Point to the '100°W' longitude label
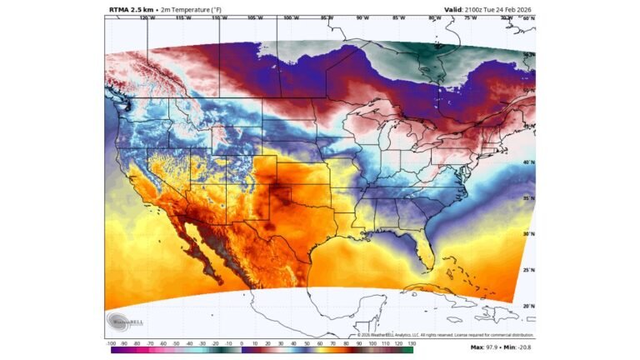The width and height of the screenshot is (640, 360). click(x=290, y=17)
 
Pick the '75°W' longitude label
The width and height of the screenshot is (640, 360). click(x=471, y=17)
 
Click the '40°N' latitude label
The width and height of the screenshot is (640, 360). click(x=527, y=162)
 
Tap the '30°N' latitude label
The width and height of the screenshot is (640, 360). click(x=527, y=234)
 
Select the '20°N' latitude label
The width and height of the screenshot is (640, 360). click(x=527, y=306)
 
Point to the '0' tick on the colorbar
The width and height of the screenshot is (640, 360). click(x=242, y=343)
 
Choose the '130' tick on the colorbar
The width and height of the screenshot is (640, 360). click(x=411, y=343)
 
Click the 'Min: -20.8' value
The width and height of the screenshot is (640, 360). click(x=517, y=347)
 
